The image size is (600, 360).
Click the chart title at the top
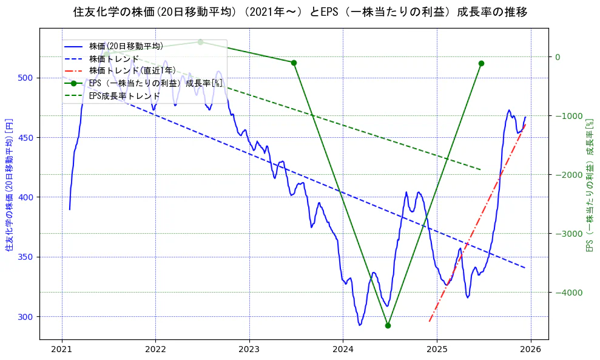[300, 12]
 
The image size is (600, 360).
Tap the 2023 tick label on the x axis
[249, 349]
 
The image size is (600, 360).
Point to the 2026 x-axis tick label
[531, 349]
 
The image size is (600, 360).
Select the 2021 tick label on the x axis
[61, 349]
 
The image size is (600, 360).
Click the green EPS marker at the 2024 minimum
[388, 325]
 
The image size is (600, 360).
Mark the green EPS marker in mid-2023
[294, 63]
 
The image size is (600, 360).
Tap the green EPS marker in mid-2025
[481, 63]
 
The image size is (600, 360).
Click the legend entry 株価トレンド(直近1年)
[132, 71]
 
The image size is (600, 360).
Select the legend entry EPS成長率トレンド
[124, 96]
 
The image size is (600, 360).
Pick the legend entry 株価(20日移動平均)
[126, 46]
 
